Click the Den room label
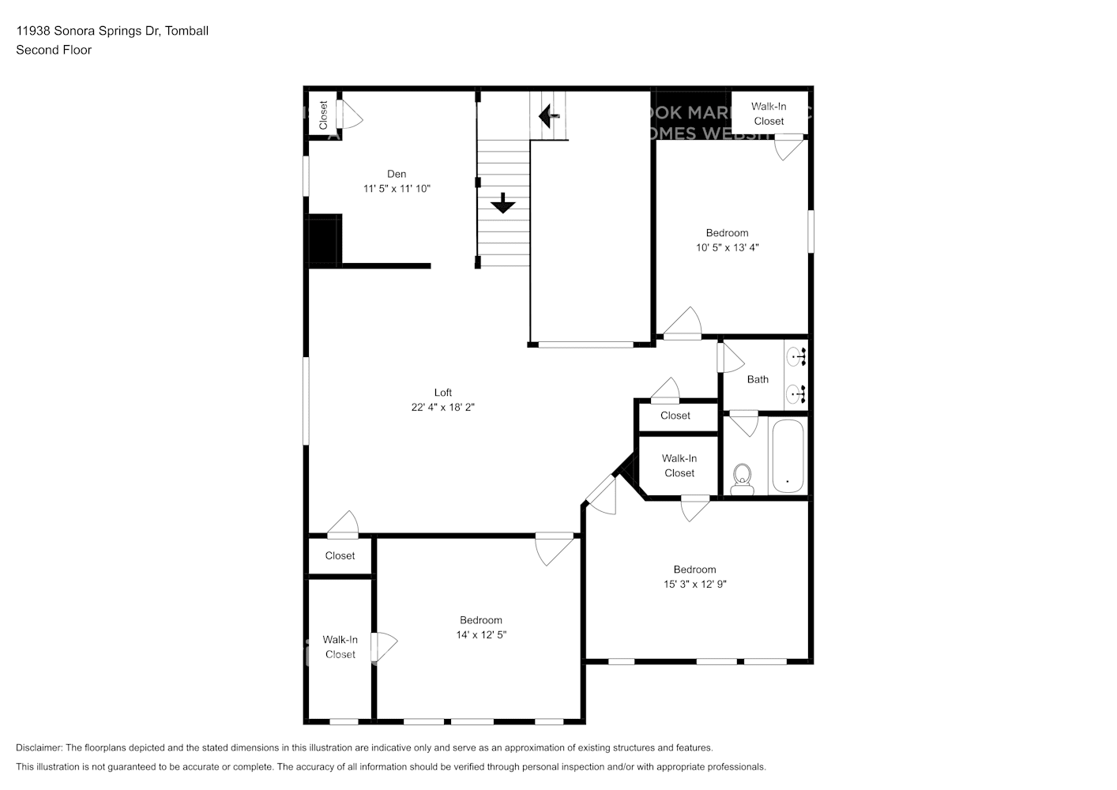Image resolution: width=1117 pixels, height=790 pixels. pyautogui.click(x=397, y=174)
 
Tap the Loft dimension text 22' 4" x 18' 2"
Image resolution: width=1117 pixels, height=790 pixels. pyautogui.click(x=442, y=408)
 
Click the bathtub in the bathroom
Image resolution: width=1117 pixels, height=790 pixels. pyautogui.click(x=787, y=456)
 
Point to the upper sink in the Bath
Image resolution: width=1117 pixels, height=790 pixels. pyautogui.click(x=796, y=357)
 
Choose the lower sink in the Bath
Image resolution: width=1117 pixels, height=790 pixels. pyautogui.click(x=796, y=392)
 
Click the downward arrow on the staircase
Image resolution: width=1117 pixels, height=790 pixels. pyautogui.click(x=502, y=205)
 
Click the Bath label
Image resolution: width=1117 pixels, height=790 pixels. pyautogui.click(x=758, y=379)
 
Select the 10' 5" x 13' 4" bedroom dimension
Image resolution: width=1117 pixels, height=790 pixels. pyautogui.click(x=727, y=247)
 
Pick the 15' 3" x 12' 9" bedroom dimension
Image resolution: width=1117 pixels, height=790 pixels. pyautogui.click(x=694, y=585)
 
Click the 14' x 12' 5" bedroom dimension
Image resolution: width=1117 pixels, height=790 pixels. pyautogui.click(x=480, y=635)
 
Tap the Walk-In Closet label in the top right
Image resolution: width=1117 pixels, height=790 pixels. pyautogui.click(x=769, y=114)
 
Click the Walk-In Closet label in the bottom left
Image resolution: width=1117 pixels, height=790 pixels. pyautogui.click(x=340, y=647)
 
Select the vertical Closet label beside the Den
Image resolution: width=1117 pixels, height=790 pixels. pyautogui.click(x=323, y=115)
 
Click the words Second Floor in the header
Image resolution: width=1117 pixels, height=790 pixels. pyautogui.click(x=54, y=50)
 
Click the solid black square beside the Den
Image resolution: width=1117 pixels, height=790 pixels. pyautogui.click(x=323, y=240)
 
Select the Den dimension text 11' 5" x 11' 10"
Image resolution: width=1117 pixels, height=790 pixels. pyautogui.click(x=397, y=189)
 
